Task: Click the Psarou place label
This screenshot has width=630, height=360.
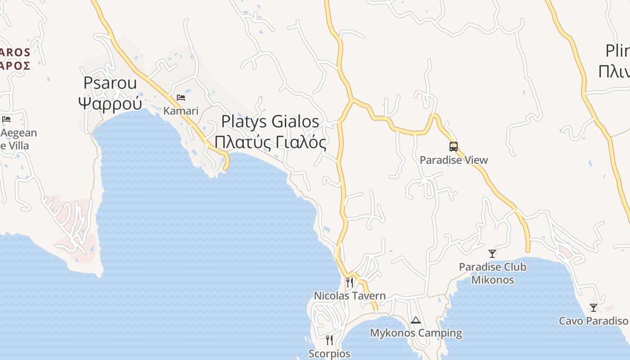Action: point(111,83)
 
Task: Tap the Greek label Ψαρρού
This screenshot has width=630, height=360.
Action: point(111,103)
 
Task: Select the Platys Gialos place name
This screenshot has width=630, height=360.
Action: point(270,121)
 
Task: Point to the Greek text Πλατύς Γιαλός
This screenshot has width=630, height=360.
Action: point(270,142)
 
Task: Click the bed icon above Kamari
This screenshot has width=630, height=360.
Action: point(181,97)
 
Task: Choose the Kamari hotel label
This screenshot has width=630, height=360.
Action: point(181,111)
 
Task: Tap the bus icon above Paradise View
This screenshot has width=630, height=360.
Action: point(453,147)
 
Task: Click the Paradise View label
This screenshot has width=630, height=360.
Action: point(454,160)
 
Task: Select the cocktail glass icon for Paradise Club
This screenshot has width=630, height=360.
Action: point(492,254)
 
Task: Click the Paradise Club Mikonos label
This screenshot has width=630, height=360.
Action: point(492,273)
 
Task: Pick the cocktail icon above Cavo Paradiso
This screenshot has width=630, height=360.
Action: point(594,308)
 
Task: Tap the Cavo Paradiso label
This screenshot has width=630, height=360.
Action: point(593,321)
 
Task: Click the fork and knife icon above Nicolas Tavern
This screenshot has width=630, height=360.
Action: point(349,282)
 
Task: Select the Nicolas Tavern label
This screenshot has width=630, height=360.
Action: point(350,296)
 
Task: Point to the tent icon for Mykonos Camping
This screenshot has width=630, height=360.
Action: point(416,320)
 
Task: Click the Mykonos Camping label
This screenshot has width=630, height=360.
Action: point(416,333)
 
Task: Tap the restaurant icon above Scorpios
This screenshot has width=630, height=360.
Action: point(329,340)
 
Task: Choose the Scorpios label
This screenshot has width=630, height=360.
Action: point(329,354)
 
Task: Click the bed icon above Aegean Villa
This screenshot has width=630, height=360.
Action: point(6,119)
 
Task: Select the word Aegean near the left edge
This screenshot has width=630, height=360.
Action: point(19,133)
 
